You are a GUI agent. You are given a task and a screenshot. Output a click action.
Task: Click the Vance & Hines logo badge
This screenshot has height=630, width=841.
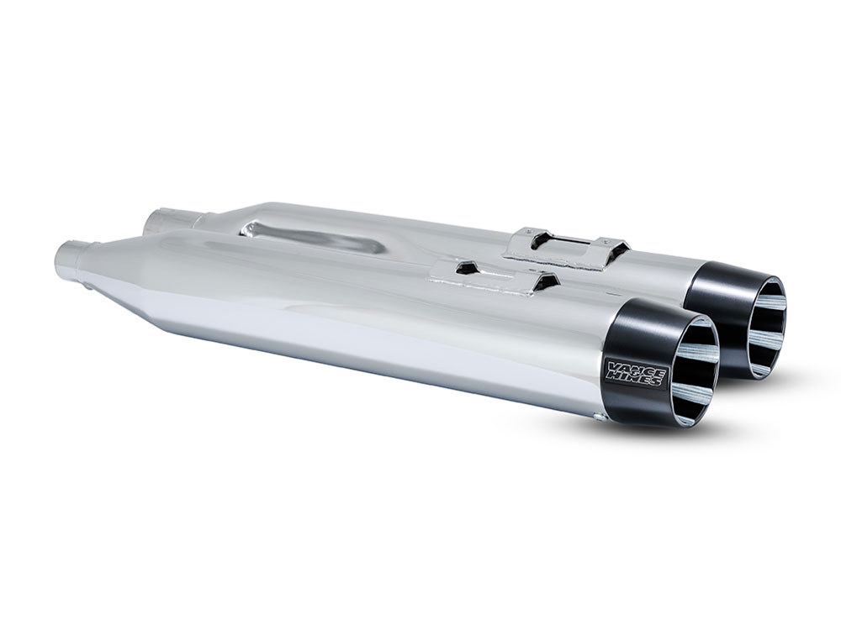(635, 372)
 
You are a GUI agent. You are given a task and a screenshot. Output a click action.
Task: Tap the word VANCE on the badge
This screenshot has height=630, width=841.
(635, 366)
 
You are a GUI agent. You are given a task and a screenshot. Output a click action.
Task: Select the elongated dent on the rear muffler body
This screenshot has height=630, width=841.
(315, 236)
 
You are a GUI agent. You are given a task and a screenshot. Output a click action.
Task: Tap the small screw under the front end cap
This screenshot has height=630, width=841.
(598, 416)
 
